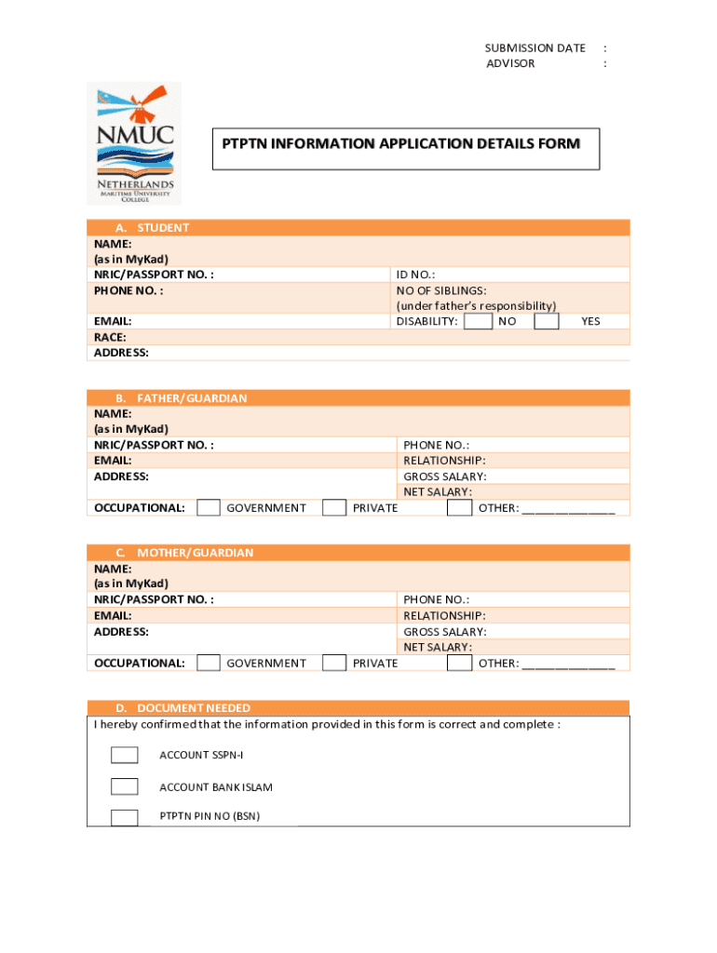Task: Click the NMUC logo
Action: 134,142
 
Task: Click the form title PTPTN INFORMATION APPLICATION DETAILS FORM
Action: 400,144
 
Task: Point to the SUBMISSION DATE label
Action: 534,48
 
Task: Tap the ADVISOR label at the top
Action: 510,64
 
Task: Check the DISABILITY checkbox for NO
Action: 478,321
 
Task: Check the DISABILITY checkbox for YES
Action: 547,321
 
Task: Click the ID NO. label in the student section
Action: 415,275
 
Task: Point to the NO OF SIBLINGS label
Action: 441,290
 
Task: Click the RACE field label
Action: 110,337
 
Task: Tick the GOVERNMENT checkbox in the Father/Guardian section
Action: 210,508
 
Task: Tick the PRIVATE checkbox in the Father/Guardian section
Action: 334,508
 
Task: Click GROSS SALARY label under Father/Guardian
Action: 444,476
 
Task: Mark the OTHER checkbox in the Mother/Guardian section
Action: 459,663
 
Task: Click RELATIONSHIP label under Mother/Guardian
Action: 444,616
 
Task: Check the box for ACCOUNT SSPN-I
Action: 124,755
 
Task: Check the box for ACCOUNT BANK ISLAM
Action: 124,786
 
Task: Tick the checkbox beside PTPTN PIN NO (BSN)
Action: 124,817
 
